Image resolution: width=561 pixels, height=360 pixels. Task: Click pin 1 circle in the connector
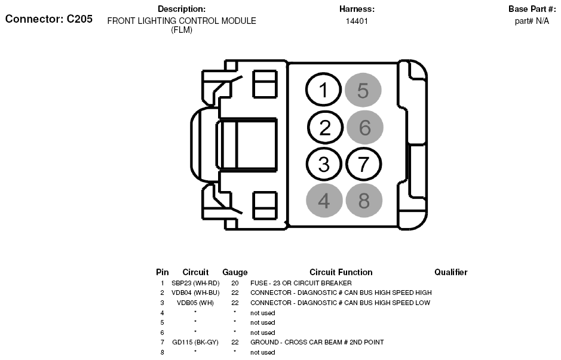pyautogui.click(x=323, y=91)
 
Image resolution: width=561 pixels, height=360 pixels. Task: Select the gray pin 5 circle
pyautogui.click(x=363, y=91)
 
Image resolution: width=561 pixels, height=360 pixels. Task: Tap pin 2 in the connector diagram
pyautogui.click(x=324, y=127)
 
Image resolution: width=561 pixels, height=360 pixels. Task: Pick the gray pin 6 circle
pyautogui.click(x=364, y=127)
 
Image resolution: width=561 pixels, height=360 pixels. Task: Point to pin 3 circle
pyautogui.click(x=324, y=164)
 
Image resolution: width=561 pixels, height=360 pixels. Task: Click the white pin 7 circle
pyautogui.click(x=363, y=164)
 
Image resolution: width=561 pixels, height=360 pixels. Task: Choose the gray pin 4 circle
pyautogui.click(x=324, y=200)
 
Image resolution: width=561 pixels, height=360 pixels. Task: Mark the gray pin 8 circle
pyautogui.click(x=364, y=200)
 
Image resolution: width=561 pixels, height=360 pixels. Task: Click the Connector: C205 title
pyautogui.click(x=49, y=19)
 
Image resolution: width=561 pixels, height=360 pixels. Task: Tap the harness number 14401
pyautogui.click(x=357, y=21)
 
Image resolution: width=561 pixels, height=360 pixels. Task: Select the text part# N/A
pyautogui.click(x=532, y=21)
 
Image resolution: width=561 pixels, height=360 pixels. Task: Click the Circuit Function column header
pyautogui.click(x=341, y=272)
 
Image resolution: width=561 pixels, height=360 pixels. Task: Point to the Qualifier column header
pyautogui.click(x=450, y=272)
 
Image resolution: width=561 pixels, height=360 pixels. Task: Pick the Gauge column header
pyautogui.click(x=235, y=272)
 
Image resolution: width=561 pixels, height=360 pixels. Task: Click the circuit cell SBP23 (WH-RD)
pyautogui.click(x=195, y=283)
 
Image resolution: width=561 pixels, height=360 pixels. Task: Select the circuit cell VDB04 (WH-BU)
pyautogui.click(x=195, y=293)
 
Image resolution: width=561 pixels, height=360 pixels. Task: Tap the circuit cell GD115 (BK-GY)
pyautogui.click(x=195, y=343)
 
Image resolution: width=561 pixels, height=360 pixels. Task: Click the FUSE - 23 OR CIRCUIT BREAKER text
pyautogui.click(x=301, y=283)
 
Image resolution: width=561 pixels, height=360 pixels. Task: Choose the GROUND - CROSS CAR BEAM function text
pyautogui.click(x=317, y=343)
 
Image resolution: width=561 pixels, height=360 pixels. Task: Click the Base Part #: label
pyautogui.click(x=532, y=9)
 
